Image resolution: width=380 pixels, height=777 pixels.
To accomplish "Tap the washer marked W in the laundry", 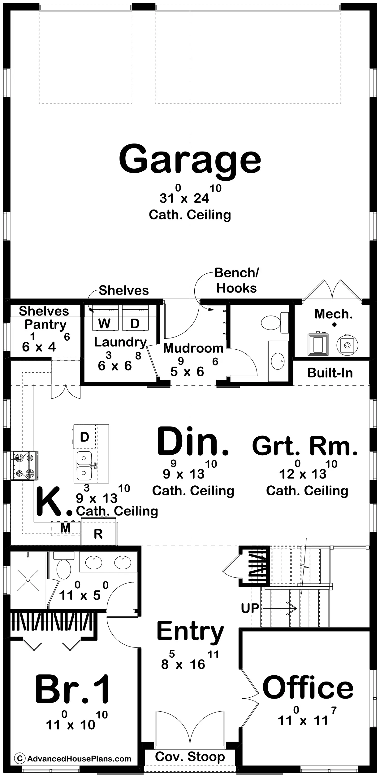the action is (105, 318).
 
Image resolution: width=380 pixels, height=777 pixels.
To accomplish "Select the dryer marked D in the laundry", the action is (135, 318).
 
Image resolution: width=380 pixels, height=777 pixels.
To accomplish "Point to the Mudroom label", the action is (193, 348).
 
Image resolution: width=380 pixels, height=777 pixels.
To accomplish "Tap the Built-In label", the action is (330, 373).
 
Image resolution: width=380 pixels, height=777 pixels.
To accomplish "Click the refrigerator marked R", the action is (99, 533).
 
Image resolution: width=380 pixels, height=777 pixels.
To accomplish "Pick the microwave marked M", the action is (66, 528).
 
